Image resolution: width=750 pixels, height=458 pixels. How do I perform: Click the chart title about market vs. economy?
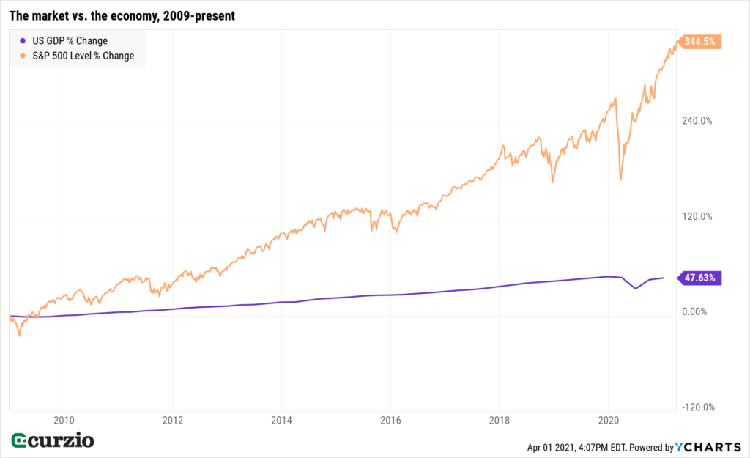[x=122, y=15]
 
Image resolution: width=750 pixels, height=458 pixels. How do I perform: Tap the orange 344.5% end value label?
[x=699, y=43]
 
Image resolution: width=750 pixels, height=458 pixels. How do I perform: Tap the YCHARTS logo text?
[x=707, y=447]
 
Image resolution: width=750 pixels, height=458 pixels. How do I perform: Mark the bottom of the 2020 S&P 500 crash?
[x=620, y=179]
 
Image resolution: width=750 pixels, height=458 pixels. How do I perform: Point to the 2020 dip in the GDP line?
[x=635, y=288]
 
